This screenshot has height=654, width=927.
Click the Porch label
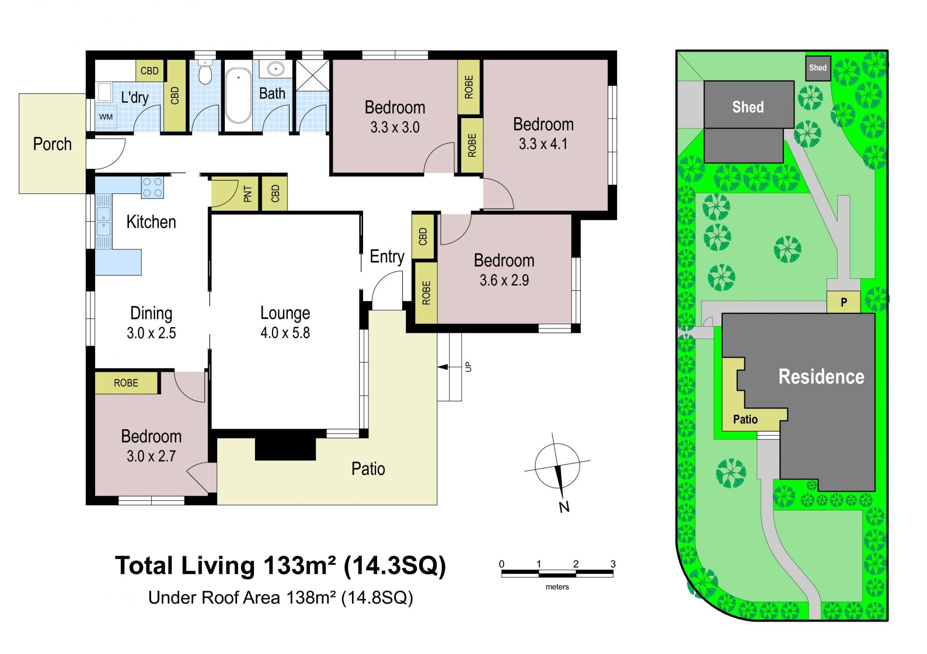52,144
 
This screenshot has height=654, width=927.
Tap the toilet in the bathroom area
205,72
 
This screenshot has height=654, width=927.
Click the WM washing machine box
106,117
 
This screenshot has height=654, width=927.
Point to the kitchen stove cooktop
153,188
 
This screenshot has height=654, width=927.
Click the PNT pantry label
248,194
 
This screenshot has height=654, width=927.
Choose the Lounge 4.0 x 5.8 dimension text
285,333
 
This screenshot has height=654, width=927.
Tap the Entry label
387,257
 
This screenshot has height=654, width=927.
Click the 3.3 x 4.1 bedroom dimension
543,144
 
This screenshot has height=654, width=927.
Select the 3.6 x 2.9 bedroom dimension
504,280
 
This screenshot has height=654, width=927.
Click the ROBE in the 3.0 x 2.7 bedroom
126,383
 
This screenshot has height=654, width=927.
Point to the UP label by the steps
468,367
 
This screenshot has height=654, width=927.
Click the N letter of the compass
564,507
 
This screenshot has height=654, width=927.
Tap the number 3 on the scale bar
613,564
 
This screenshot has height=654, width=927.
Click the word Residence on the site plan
821,377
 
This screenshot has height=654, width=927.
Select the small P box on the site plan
843,302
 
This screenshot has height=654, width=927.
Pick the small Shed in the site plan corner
817,68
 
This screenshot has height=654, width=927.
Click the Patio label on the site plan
745,419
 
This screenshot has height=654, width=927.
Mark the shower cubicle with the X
312,75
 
